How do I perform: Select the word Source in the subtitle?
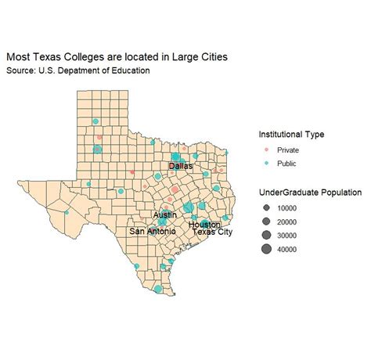(20, 70)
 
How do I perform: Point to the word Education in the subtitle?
(127, 70)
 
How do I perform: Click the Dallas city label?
(180, 166)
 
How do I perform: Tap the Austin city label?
(165, 214)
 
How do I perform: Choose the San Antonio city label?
(153, 232)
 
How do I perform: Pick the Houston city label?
(204, 225)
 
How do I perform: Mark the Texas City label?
(213, 232)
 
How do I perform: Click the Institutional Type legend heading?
(291, 134)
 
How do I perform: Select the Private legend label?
(288, 149)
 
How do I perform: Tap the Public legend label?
(286, 163)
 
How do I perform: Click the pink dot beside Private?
(266, 149)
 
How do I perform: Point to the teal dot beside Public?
(266, 163)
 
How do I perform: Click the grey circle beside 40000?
(266, 250)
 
